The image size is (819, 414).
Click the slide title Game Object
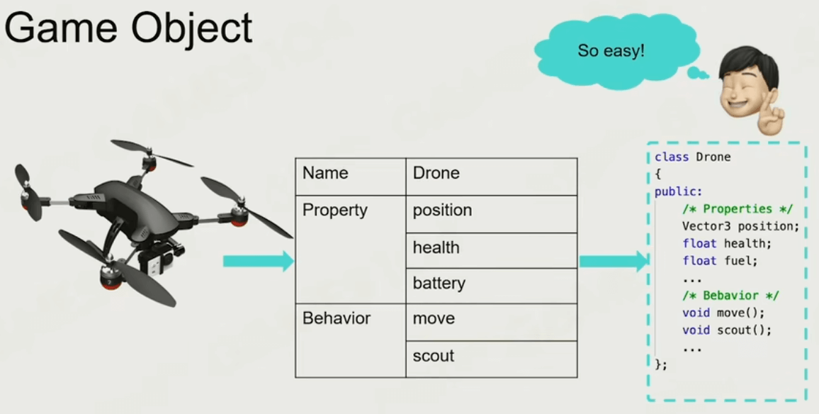128,28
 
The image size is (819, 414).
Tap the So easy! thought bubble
616,51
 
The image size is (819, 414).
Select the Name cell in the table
351,177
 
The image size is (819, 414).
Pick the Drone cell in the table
492,177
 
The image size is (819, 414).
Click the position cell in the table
492,214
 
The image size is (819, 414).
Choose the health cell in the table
492,250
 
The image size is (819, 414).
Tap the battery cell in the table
492,286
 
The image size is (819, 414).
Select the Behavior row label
337,318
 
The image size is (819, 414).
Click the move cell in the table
492,322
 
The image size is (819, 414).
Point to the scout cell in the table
492,359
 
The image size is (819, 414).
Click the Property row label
335,210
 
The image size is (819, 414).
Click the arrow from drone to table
259,261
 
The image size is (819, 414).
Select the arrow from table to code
614,261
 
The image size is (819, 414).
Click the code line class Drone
693,157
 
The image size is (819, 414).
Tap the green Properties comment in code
738,209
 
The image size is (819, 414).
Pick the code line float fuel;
720,260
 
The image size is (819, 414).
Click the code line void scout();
727,330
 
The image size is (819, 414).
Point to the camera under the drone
154,264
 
